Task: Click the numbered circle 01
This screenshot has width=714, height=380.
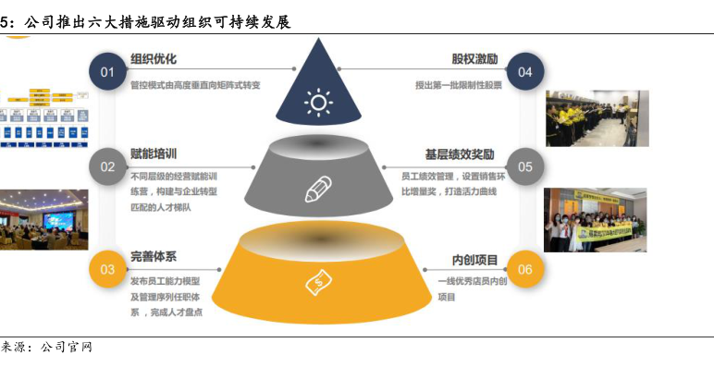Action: pos(107,72)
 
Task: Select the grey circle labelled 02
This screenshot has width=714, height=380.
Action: pos(107,167)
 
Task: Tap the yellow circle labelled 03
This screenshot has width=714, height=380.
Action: pos(107,269)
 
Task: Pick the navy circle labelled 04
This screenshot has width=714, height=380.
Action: pos(525,72)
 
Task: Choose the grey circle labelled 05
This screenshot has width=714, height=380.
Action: pos(525,167)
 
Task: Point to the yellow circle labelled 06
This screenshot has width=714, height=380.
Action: pos(525,269)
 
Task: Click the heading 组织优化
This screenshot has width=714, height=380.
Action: pos(154,58)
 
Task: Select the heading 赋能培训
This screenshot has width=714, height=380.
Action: pos(154,154)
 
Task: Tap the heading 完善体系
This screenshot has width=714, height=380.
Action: pos(154,255)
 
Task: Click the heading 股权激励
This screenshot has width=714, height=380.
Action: pos(474,58)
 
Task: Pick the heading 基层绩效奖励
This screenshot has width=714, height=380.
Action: pos(460,154)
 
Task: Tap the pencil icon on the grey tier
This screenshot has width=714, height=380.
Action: pos(317,189)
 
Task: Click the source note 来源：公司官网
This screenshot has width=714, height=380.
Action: pos(46,348)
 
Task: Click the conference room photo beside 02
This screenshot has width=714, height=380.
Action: pos(43,219)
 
